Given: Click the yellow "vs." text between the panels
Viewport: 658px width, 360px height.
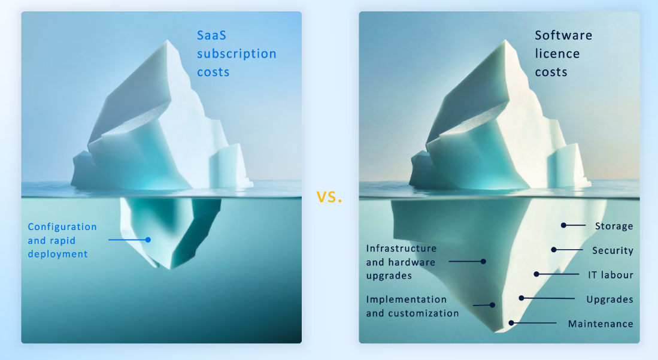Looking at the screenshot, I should pos(329,196).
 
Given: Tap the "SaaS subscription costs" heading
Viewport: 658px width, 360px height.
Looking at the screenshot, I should pos(236,54).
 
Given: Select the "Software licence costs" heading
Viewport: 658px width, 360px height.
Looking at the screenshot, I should pos(563,54).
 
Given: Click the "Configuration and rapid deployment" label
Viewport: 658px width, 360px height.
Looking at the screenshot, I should pos(62,240).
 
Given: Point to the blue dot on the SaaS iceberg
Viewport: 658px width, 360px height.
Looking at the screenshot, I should pos(148,240).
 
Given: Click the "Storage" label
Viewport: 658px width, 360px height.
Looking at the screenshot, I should pos(614,226).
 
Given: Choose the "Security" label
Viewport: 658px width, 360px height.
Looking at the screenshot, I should pos(612,250).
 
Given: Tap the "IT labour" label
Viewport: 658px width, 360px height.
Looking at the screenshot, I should pos(610,275).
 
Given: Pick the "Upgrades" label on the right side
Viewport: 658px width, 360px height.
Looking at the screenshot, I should pos(610,299).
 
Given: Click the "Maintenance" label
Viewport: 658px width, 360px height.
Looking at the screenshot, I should pos(601,323).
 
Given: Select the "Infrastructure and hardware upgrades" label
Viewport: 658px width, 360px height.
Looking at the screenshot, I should pos(401,262).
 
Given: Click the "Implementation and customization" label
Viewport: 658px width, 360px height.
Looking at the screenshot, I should pos(413,305).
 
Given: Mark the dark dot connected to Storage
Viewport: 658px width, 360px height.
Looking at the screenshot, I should pos(563,225).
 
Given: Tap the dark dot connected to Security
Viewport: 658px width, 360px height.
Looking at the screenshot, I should pos(554,249).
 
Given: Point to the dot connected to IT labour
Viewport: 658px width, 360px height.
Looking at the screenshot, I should pos(536,274).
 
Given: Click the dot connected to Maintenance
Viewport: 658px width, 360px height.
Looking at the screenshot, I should pos(511,323).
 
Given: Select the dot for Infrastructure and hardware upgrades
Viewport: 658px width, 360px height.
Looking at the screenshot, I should pos(483,261).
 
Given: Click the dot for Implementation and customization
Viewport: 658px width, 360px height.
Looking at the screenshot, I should pos(492,305).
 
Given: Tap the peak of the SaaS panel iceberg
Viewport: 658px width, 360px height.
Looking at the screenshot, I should pos(169,41).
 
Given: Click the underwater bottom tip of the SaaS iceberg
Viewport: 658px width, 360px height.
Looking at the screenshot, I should pos(171,268).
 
